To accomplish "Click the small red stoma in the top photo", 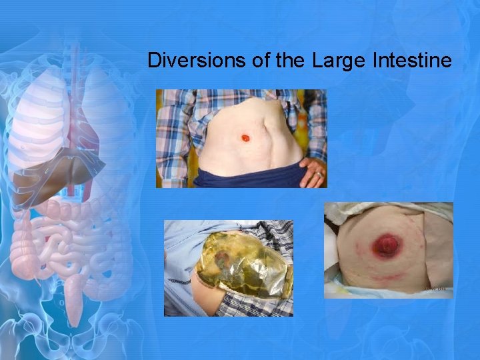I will coord(245,138).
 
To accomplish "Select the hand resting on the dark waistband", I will coord(313,171).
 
